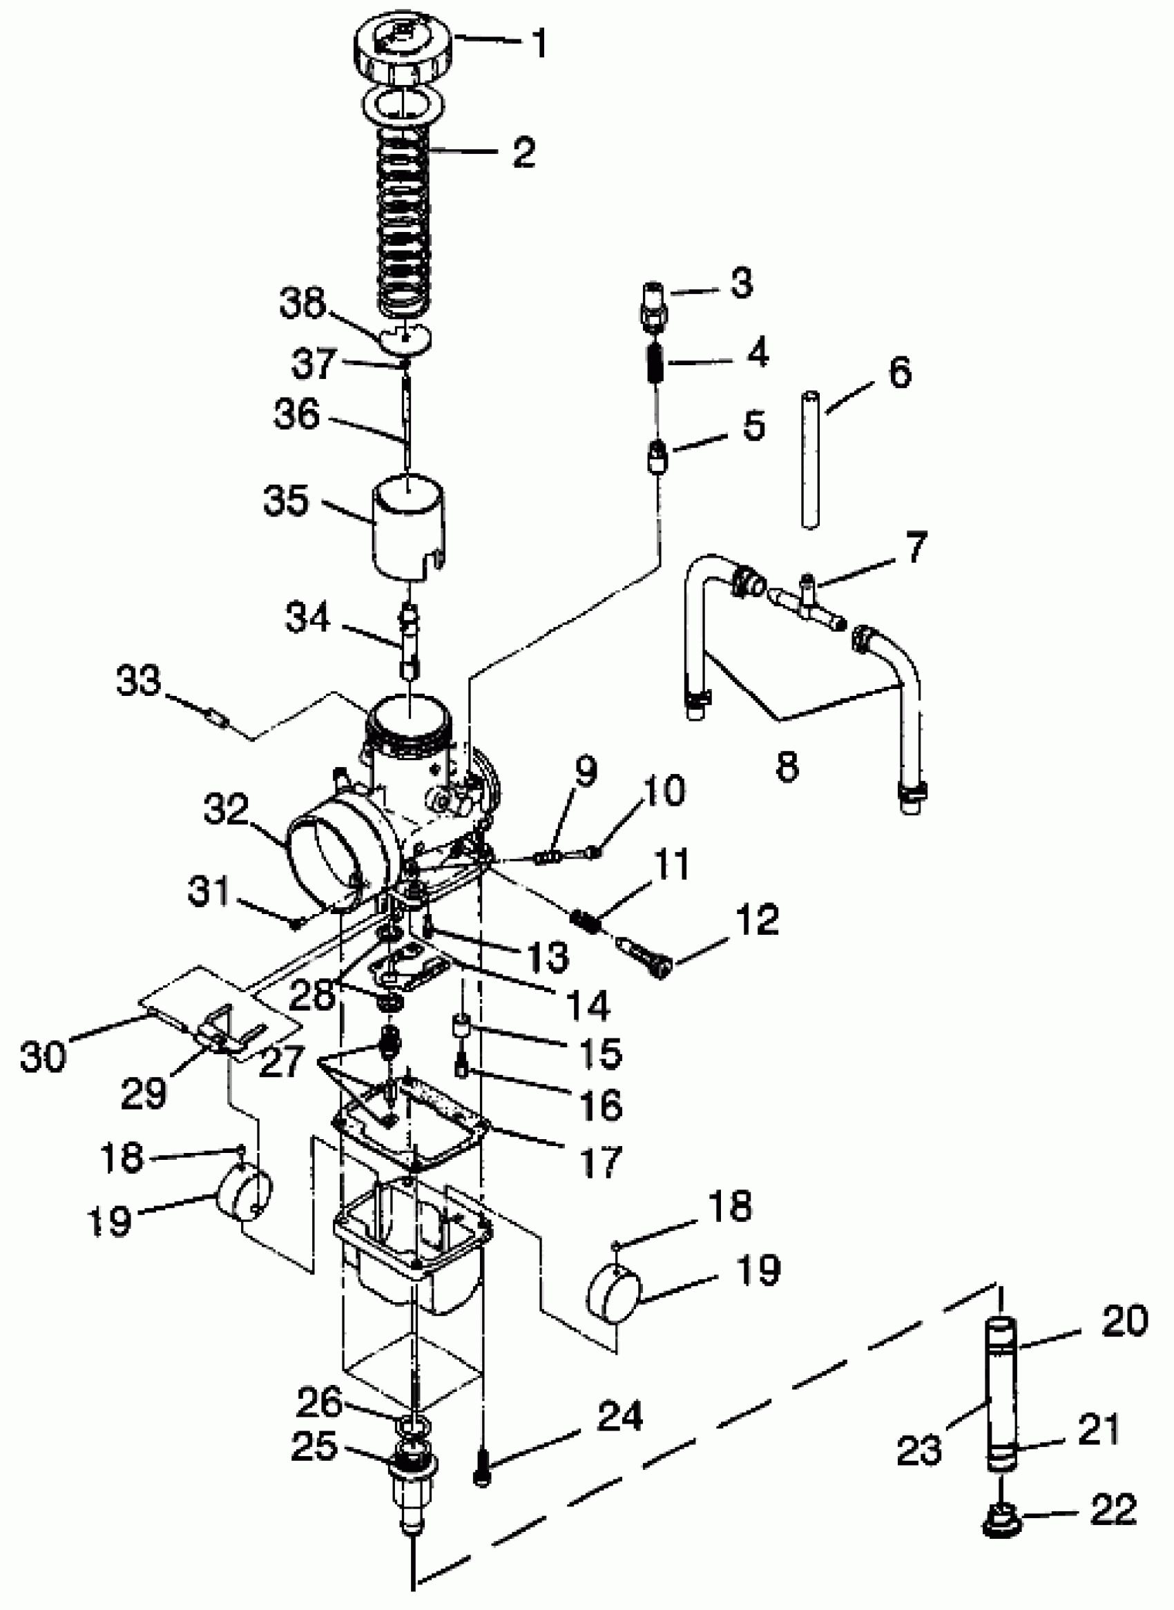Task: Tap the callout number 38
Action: pos(302,302)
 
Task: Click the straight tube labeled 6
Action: pos(810,459)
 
